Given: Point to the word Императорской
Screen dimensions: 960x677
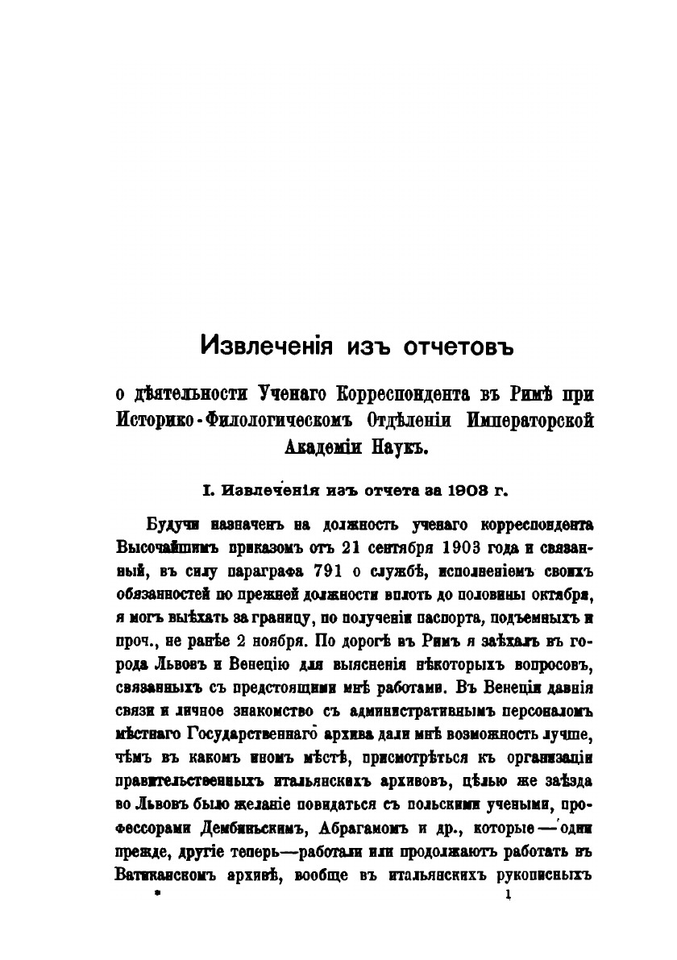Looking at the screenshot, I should (x=524, y=421).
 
